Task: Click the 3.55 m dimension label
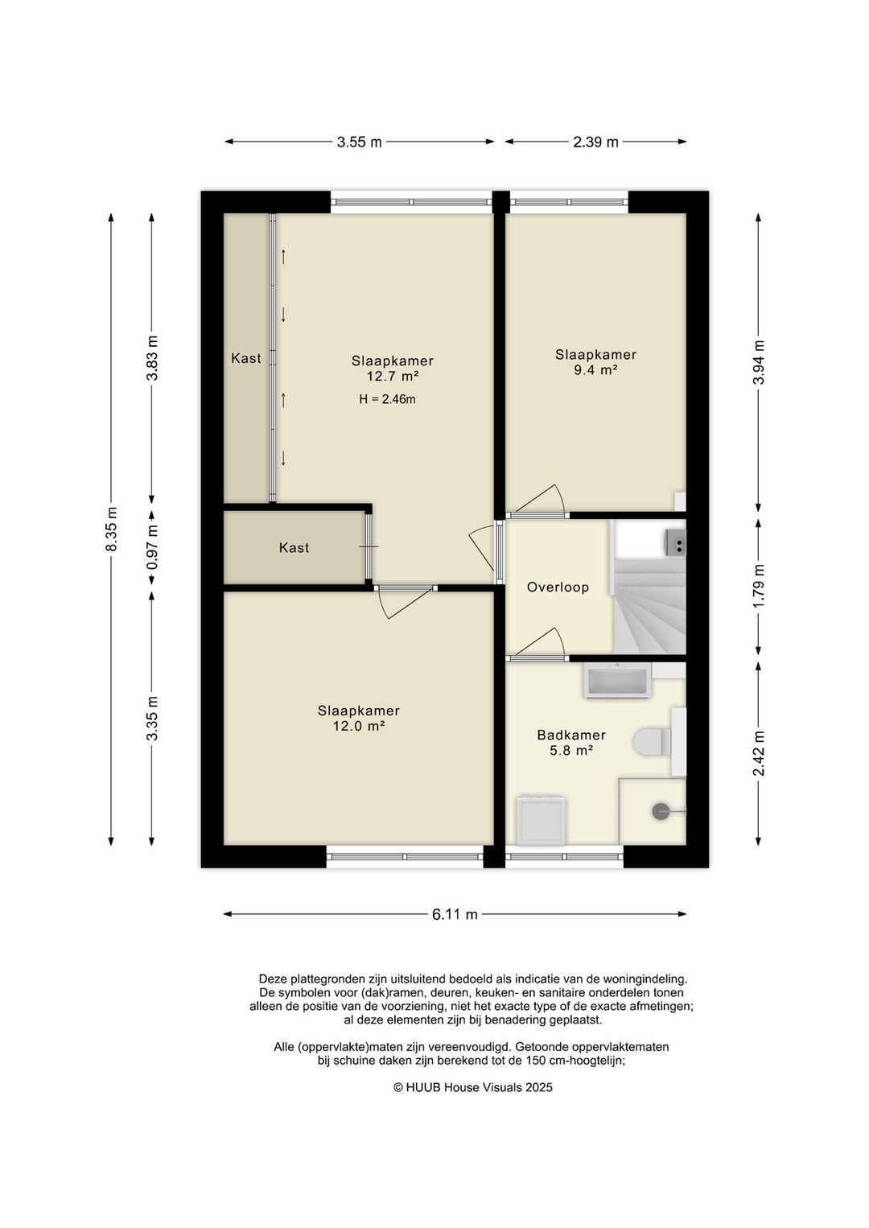359,142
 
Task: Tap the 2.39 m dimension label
595,142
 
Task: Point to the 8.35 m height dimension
111,529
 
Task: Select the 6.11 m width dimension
455,914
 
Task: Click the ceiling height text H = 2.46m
387,399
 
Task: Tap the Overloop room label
558,587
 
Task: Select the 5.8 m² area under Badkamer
571,750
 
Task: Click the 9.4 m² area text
595,369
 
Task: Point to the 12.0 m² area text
359,726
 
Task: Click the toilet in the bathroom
653,742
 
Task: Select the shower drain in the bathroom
661,811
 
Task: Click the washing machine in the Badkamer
541,820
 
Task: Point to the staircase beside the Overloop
649,587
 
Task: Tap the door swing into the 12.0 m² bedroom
406,603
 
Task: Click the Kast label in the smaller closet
294,548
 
